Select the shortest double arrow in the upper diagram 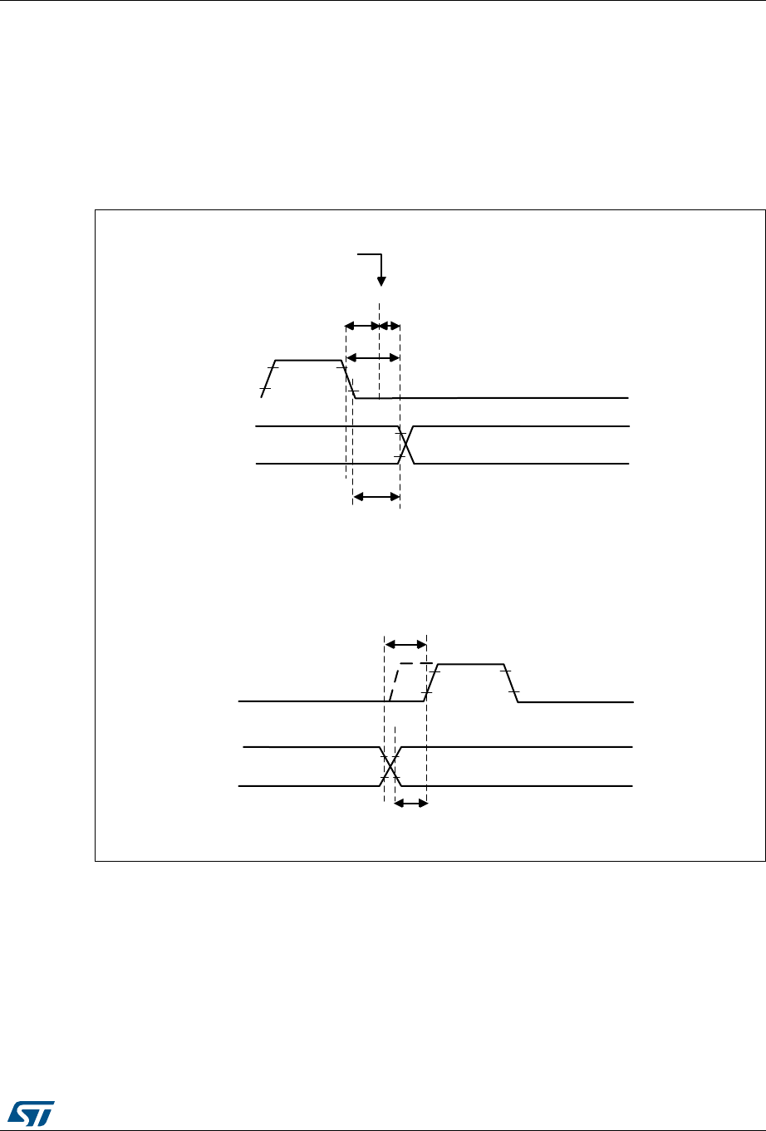pos(390,326)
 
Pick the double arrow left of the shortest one pos(362,326)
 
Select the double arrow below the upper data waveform pos(376,497)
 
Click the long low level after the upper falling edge pos(498,398)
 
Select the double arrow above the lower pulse pos(405,644)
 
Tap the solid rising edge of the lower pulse pos(430,684)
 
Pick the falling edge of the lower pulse pos(511,683)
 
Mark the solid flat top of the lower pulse pos(470,664)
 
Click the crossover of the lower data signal pos(390,766)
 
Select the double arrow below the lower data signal pos(410,804)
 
